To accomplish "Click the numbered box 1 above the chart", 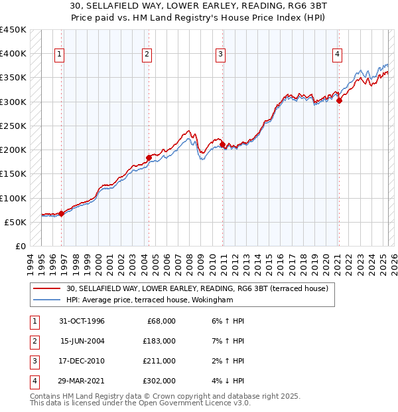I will [x=60, y=54].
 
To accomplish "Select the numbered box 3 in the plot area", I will [x=220, y=54].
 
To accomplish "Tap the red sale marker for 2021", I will [x=339, y=101].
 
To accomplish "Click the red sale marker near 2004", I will [x=149, y=157].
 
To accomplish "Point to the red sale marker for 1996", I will [x=61, y=213].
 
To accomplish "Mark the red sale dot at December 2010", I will [x=222, y=144].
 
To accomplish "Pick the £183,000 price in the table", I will [x=159, y=340].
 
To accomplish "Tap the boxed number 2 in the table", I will [x=34, y=340].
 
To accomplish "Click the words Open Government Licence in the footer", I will [x=200, y=403].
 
